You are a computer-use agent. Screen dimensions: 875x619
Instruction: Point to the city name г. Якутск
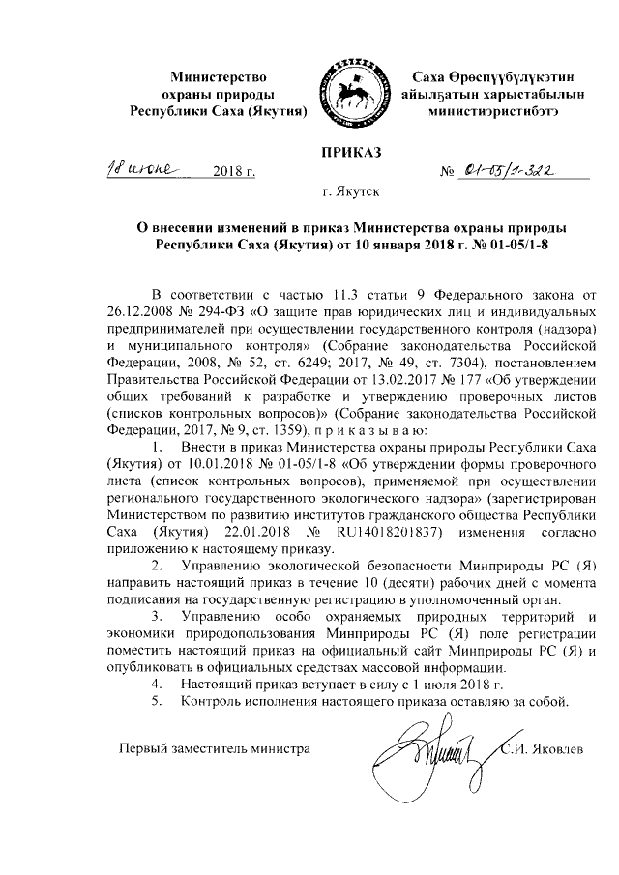coord(352,191)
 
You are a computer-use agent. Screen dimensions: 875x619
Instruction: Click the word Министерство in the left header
coord(219,75)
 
